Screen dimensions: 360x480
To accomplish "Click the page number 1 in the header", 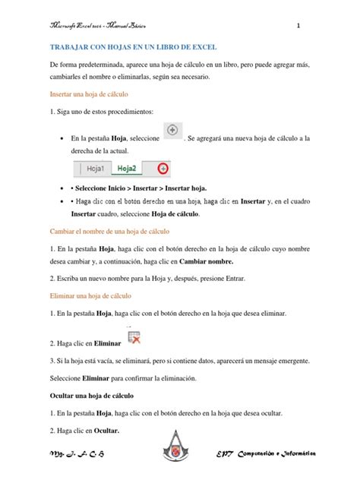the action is (299, 26).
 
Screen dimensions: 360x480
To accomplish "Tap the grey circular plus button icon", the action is (173, 131).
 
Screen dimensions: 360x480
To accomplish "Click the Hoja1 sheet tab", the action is (96, 169).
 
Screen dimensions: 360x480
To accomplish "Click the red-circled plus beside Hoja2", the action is (161, 169).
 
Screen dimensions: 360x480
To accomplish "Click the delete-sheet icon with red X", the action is (133, 339).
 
